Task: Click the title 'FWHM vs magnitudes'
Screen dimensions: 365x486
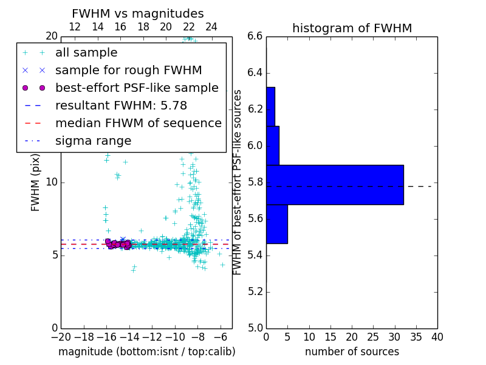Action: pos(138,13)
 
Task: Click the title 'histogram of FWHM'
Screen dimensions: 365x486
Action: pos(352,28)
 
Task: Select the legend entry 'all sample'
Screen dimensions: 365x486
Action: pos(86,53)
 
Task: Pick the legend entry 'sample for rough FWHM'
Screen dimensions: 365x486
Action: pos(128,70)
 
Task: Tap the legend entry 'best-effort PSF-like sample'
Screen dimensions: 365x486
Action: pos(137,88)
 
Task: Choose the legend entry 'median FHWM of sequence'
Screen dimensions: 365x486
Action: pos(138,123)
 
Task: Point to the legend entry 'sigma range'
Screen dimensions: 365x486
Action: pos(93,141)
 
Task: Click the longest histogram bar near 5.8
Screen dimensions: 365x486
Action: pos(335,184)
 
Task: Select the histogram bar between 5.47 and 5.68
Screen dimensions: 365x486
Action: pos(276,224)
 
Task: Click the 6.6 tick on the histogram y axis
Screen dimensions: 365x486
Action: pos(255,36)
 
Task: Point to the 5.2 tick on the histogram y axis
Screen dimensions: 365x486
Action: pos(255,291)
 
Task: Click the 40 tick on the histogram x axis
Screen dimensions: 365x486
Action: pos(437,337)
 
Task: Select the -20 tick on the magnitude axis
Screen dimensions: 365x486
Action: pos(60,337)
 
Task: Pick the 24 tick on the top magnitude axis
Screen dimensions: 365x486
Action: pos(211,27)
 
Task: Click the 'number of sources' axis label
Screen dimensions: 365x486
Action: pos(352,352)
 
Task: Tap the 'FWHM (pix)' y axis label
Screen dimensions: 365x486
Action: pos(36,182)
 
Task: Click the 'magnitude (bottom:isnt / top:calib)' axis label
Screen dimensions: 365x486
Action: pos(146,352)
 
